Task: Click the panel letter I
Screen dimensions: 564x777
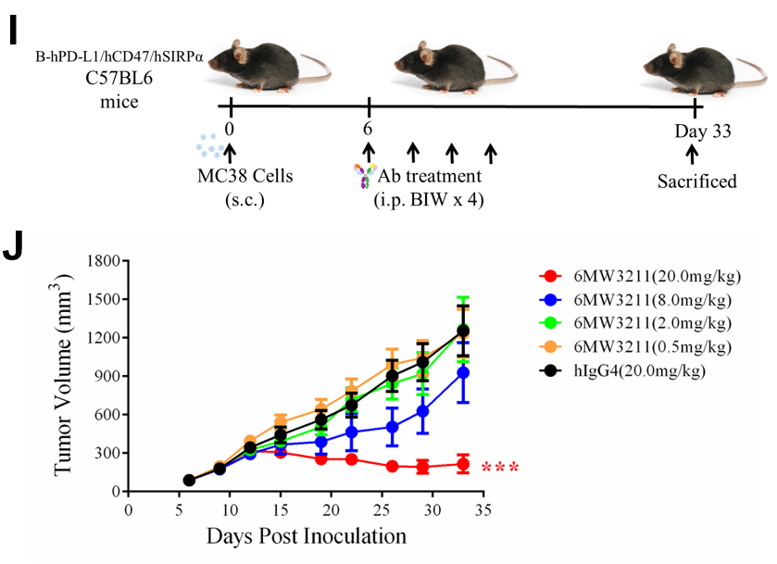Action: pyautogui.click(x=13, y=28)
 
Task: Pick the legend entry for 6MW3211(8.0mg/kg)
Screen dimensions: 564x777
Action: pyautogui.click(x=640, y=299)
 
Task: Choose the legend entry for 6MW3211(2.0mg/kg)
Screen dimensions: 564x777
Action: pyautogui.click(x=640, y=323)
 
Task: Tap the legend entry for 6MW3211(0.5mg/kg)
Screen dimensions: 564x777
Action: pyautogui.click(x=640, y=346)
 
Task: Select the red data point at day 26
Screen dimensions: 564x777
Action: pyautogui.click(x=393, y=466)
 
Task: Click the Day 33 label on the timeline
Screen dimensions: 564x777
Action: pyautogui.click(x=703, y=132)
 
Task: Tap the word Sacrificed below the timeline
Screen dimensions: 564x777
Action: pyautogui.click(x=697, y=181)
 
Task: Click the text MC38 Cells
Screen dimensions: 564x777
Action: pyautogui.click(x=244, y=176)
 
